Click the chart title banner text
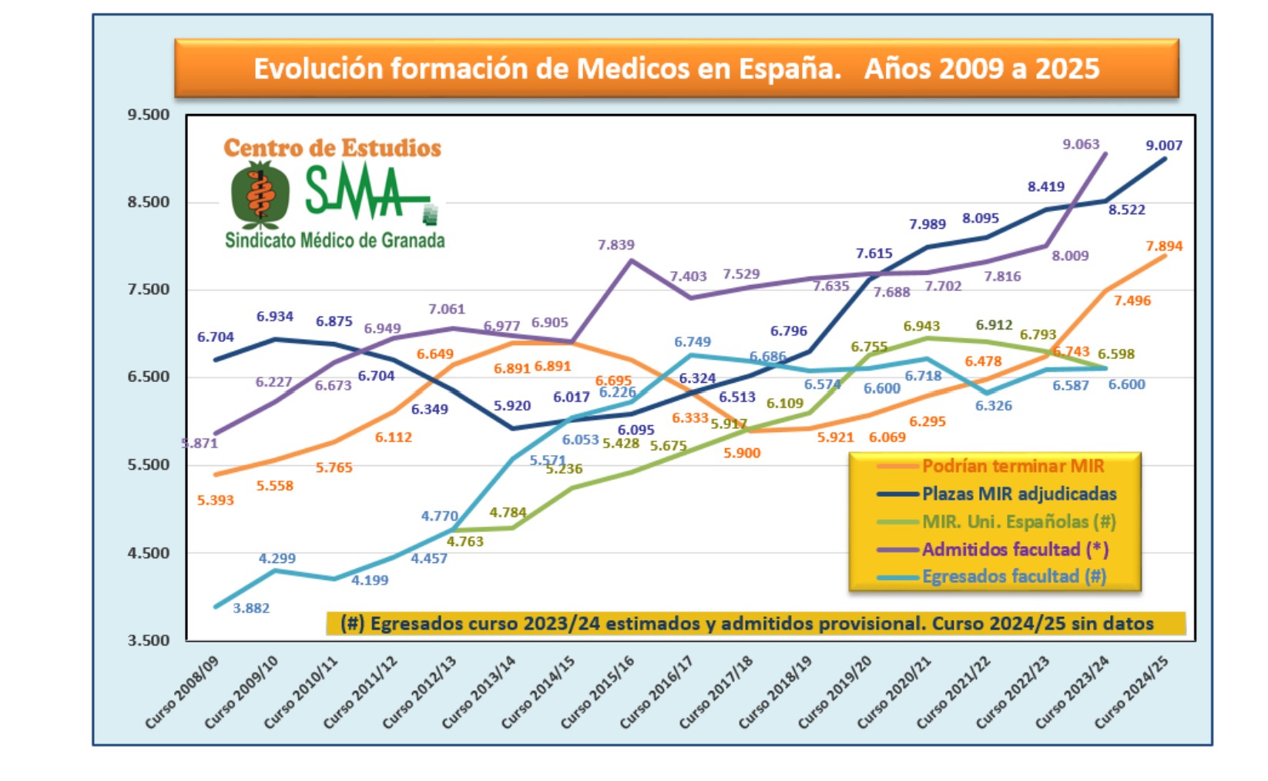676,69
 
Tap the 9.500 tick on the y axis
148,115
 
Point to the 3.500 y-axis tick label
148,640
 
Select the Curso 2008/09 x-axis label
183,692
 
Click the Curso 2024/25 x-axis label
1132,692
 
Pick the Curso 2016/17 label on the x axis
657,692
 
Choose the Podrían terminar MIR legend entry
1012,466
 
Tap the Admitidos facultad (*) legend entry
1015,549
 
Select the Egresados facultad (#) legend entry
1014,576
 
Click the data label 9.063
1081,144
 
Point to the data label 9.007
1163,146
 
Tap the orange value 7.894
1163,246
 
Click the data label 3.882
251,608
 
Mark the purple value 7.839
616,245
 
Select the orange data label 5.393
215,501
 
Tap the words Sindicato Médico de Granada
334,240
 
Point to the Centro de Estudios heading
332,148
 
